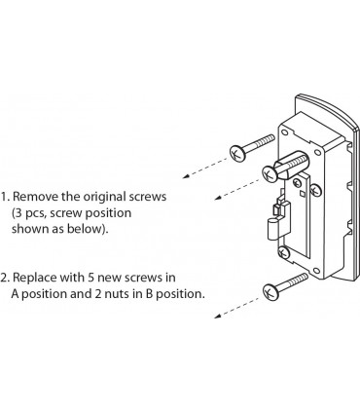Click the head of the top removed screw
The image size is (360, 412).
(x=237, y=153)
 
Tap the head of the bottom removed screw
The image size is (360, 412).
(x=270, y=291)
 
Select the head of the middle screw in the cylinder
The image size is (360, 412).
(x=270, y=173)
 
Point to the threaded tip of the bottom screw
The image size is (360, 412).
(x=299, y=279)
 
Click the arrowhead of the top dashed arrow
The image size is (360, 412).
(x=186, y=176)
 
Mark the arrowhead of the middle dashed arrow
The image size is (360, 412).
(x=218, y=198)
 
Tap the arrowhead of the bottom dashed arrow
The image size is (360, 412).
(x=218, y=315)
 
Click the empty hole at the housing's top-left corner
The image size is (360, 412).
(x=284, y=132)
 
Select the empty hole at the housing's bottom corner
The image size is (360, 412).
(x=317, y=271)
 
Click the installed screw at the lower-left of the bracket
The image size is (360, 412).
(x=283, y=252)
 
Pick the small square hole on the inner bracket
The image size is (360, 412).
(x=302, y=194)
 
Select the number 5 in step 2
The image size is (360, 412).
(x=90, y=278)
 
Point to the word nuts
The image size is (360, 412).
(x=116, y=294)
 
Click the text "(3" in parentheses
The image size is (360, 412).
(x=18, y=213)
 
